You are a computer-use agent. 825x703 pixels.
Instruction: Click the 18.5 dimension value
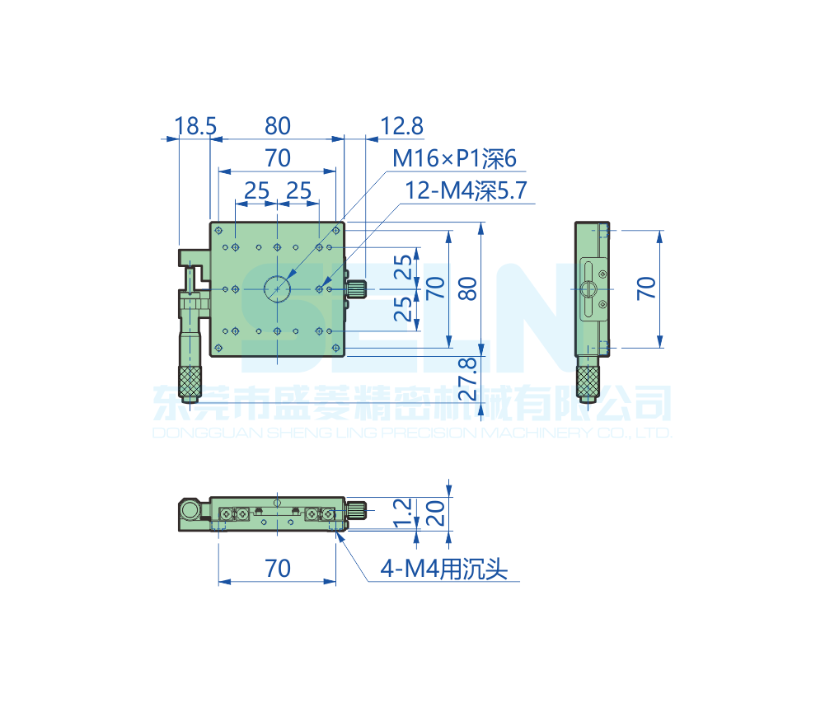195,126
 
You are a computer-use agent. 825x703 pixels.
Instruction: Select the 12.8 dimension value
401,126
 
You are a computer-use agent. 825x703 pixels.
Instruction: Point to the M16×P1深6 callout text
455,158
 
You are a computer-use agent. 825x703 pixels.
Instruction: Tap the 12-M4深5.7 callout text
466,190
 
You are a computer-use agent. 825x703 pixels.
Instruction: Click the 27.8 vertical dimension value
467,379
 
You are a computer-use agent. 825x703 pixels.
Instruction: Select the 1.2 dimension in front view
402,513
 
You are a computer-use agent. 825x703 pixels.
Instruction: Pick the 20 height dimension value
435,513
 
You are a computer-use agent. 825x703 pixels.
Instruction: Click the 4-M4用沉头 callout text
444,569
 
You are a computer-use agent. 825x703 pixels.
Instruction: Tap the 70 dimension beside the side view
646,288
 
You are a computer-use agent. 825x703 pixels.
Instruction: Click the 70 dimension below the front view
277,569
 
